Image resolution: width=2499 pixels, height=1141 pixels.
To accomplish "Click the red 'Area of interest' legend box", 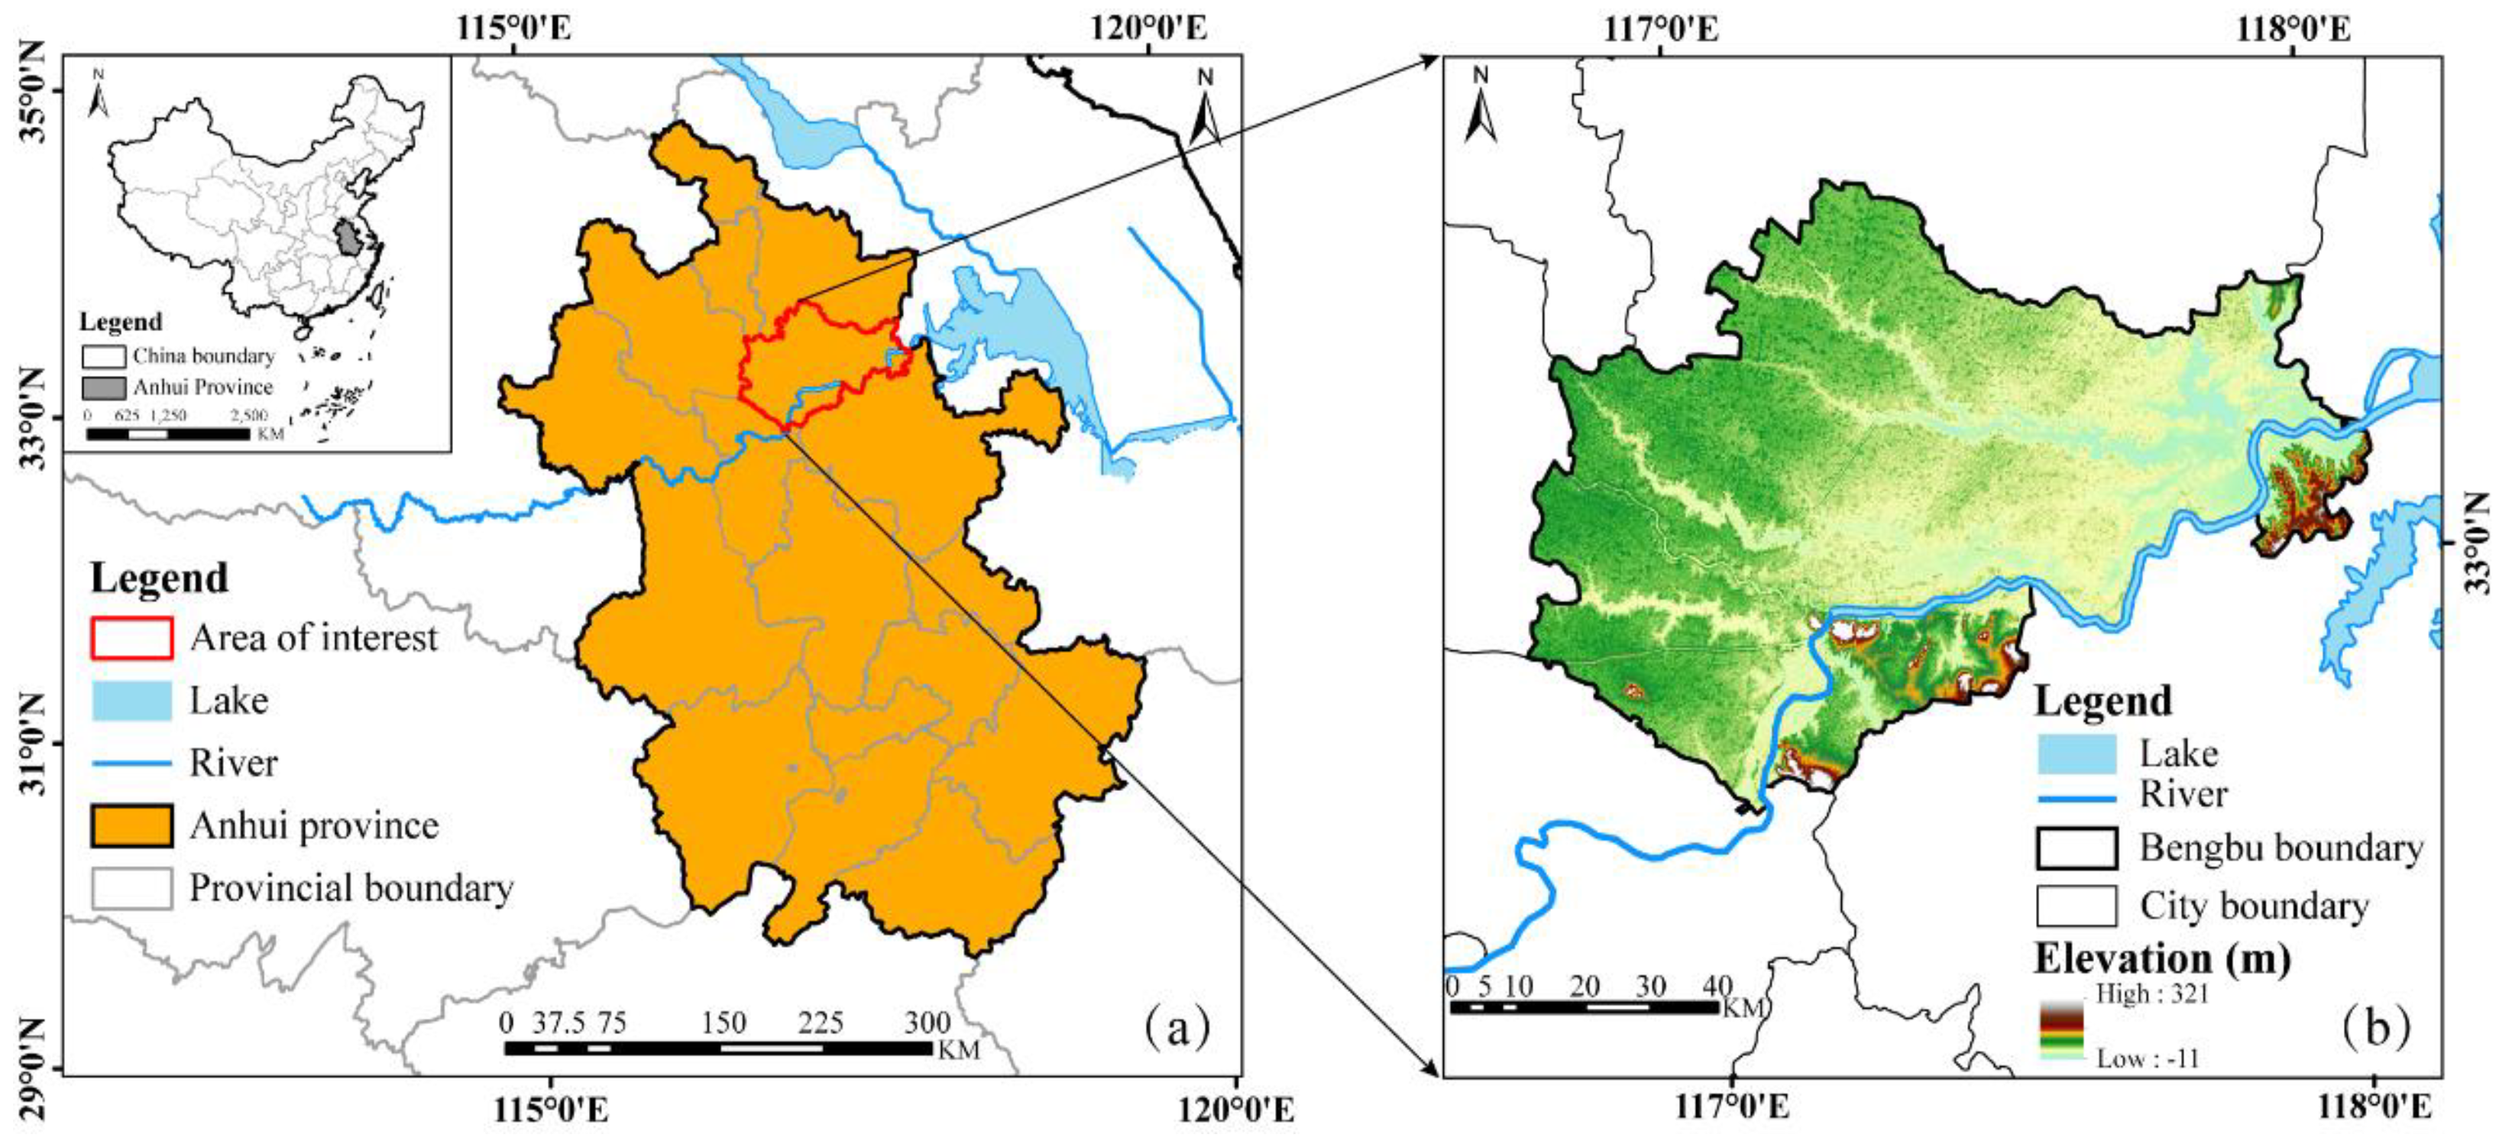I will [132, 637].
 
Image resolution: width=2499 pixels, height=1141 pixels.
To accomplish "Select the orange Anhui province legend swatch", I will [132, 825].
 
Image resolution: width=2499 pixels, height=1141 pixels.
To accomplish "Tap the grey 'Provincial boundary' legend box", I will [132, 888].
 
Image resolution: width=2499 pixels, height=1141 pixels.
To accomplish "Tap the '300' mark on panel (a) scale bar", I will [927, 1023].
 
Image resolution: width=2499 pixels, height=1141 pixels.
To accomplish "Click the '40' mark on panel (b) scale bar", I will [1717, 987].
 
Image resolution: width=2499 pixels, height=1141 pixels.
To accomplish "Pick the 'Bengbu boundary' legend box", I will [2076, 848].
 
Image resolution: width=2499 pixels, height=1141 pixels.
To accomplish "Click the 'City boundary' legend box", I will [2076, 906].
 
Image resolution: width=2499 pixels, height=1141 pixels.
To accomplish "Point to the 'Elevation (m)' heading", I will [2162, 958].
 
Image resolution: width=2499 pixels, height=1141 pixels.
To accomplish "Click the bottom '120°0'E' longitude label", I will [1235, 1109].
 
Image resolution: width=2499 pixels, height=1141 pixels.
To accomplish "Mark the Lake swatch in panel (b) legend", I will [2076, 754].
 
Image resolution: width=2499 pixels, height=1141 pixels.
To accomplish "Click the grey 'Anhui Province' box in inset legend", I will [104, 387].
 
